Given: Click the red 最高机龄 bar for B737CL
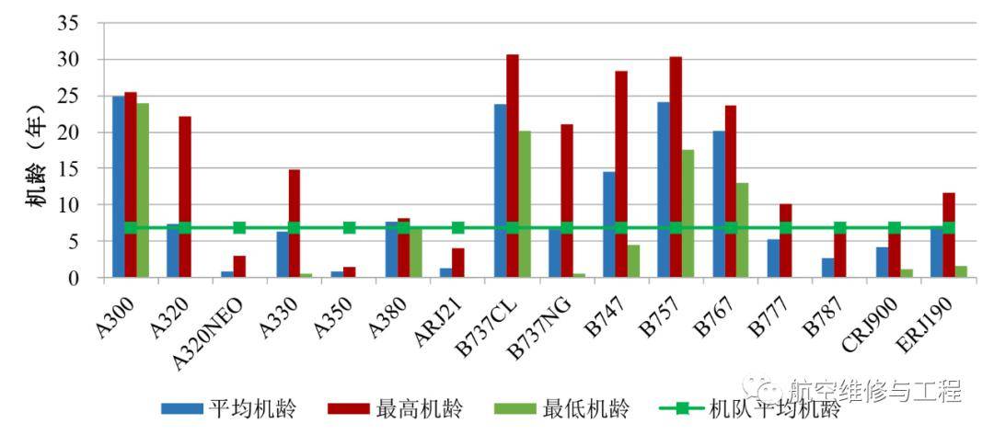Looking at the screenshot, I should pyautogui.click(x=513, y=166).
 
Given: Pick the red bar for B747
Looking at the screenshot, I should pyautogui.click(x=621, y=174).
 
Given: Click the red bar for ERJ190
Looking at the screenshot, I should pyautogui.click(x=949, y=235).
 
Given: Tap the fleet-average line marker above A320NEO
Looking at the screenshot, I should pyautogui.click(x=239, y=227).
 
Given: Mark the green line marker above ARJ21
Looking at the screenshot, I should pyautogui.click(x=457, y=227).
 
